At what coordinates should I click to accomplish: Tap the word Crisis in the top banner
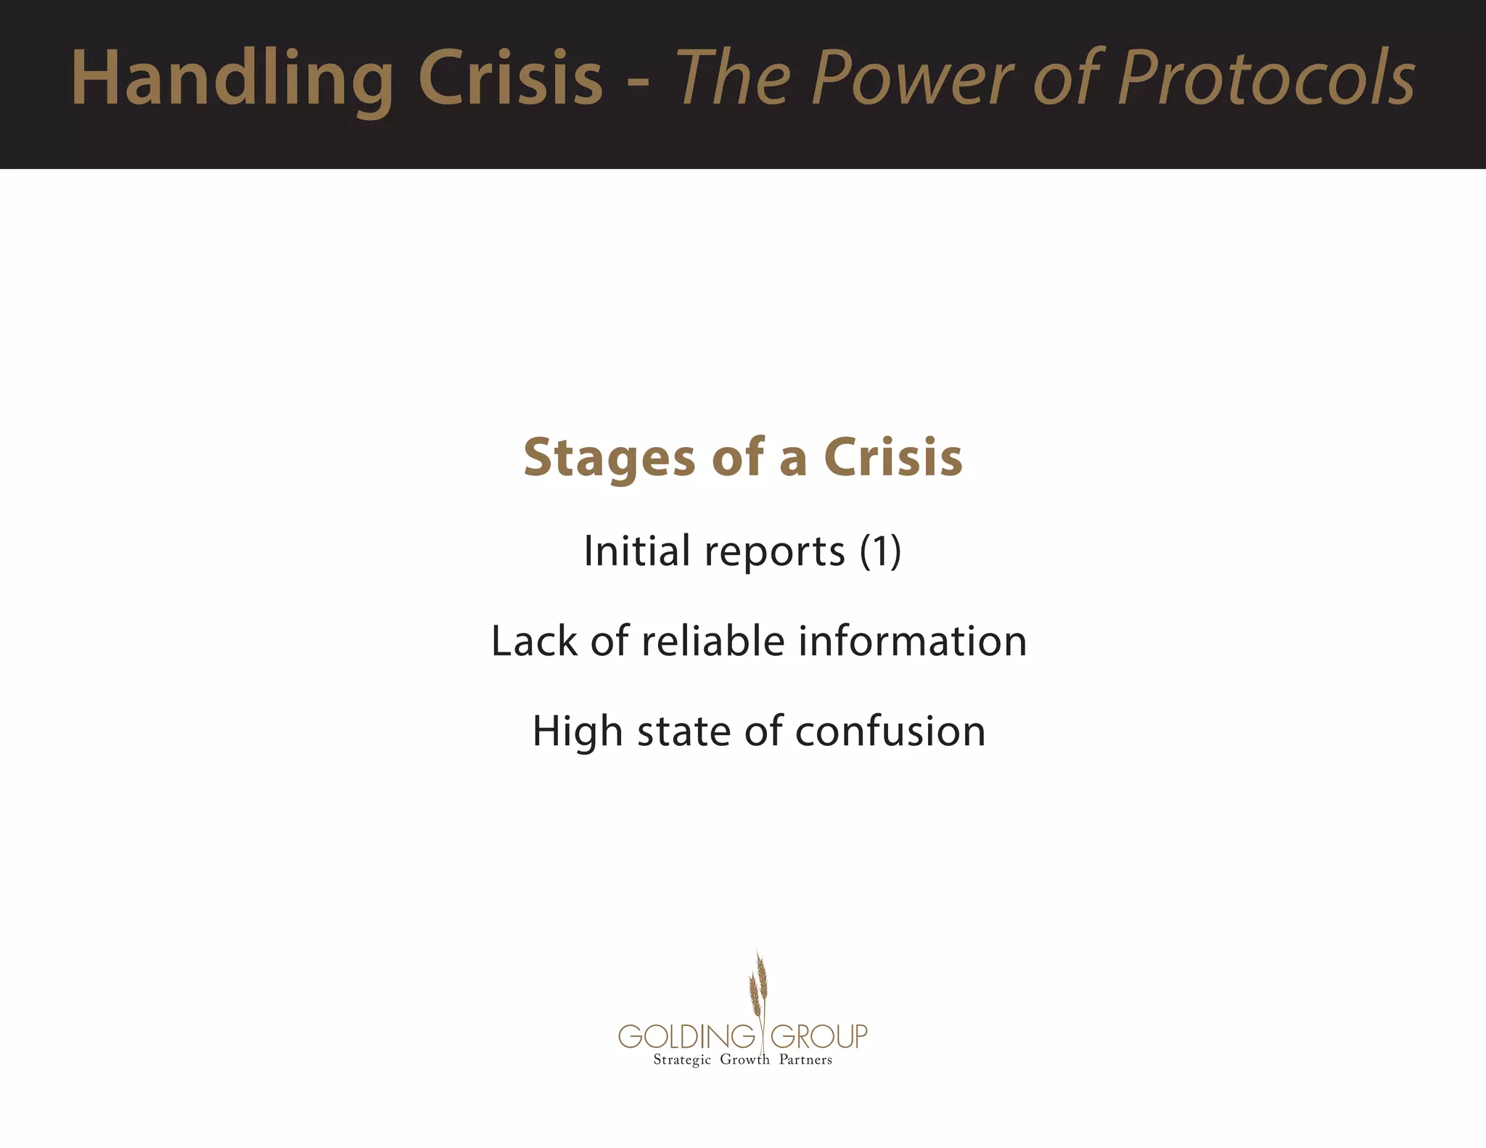[510, 78]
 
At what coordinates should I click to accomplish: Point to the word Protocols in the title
[1266, 78]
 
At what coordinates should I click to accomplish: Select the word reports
[775, 553]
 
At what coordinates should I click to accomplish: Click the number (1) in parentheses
[880, 551]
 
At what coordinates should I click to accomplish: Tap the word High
[578, 731]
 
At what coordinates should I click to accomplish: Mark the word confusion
[890, 731]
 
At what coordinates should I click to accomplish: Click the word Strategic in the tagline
[682, 1060]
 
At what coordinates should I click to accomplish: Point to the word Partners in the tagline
[805, 1059]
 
